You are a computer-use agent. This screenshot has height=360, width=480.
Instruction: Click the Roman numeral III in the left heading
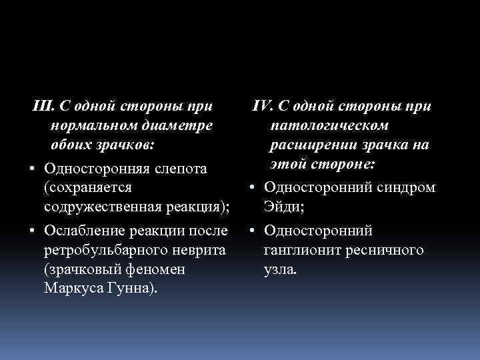(x=43, y=107)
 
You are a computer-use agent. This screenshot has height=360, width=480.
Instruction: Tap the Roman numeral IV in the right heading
(x=262, y=107)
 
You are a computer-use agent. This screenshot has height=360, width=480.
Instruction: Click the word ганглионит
(x=303, y=251)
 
